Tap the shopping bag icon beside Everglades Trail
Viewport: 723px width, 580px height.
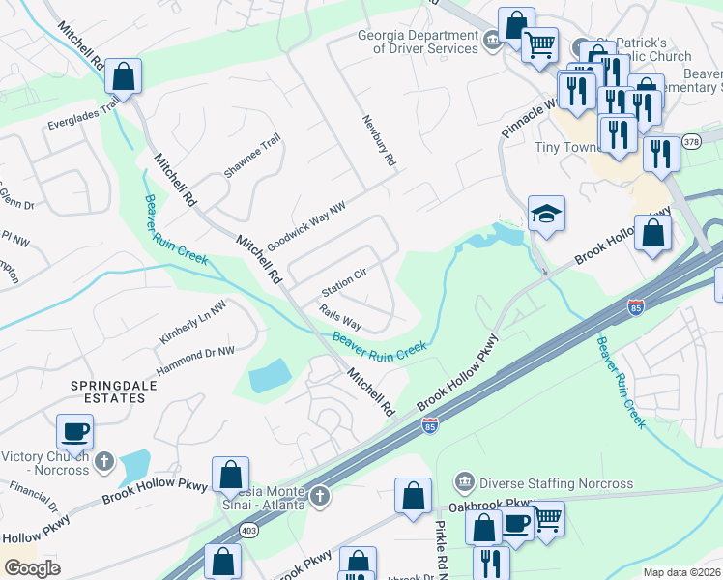(123, 74)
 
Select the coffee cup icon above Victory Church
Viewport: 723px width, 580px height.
(74, 430)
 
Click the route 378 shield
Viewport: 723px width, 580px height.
(691, 141)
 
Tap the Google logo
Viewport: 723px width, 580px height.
(32, 567)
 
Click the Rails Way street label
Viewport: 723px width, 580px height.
(340, 316)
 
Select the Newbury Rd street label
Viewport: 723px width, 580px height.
(380, 143)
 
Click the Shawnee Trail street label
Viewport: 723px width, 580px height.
(252, 155)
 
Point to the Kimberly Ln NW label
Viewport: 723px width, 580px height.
(192, 322)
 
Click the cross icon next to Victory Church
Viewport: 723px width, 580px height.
(109, 459)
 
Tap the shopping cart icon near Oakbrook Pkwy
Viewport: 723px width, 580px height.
(547, 518)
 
